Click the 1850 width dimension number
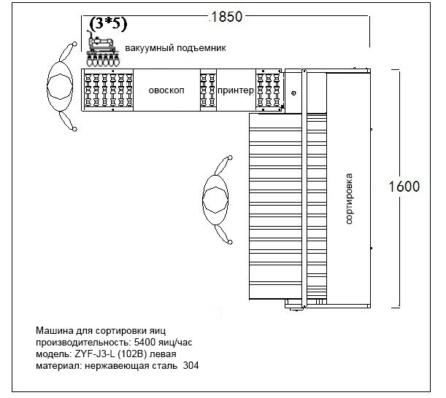click(226, 16)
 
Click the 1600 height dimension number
click(403, 187)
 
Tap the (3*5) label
click(108, 24)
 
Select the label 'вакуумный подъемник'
click(176, 48)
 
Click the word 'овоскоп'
click(166, 90)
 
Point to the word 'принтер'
click(235, 90)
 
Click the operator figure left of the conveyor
click(60, 87)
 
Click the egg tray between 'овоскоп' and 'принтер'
click(208, 90)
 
